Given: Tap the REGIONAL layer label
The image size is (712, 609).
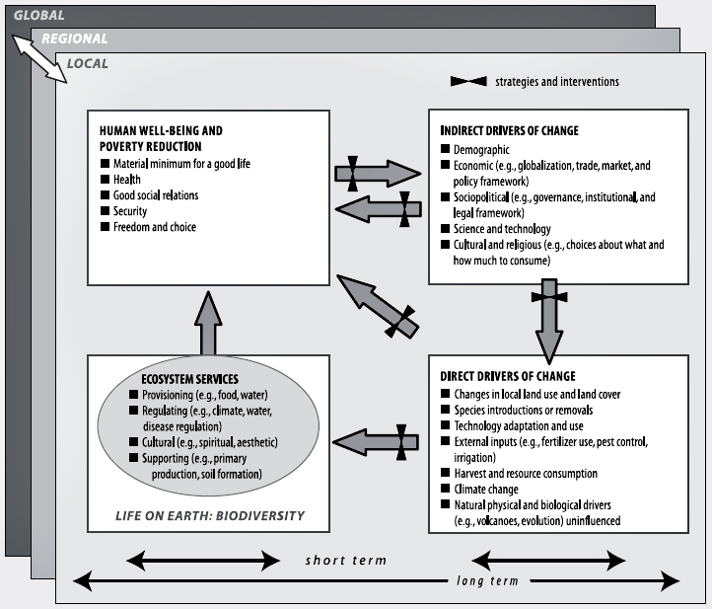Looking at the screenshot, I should (75, 39).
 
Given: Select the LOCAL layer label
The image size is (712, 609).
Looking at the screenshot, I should (88, 64).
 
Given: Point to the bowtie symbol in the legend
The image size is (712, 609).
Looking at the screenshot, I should (470, 82).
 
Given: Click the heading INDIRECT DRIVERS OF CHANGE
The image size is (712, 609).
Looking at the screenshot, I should (510, 130).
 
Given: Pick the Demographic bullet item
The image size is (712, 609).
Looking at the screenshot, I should (481, 149).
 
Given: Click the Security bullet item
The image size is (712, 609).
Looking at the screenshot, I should (129, 211).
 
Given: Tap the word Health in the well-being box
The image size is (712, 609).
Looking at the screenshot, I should (126, 180).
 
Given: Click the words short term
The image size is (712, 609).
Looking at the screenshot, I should (344, 560).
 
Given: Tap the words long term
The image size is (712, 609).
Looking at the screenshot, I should (485, 580).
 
